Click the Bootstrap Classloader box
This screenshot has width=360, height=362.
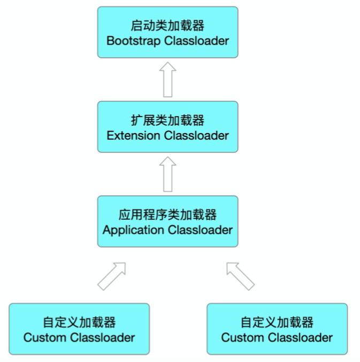tap(167, 32)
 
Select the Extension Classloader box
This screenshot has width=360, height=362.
tap(167, 127)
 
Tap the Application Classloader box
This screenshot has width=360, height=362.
tap(167, 221)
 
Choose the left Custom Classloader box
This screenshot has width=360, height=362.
tap(79, 329)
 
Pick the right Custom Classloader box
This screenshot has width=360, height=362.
tap(277, 329)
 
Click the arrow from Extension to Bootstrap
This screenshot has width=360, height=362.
tap(167, 79)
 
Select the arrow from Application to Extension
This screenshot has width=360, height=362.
tap(167, 174)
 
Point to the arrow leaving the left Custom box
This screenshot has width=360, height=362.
tap(112, 275)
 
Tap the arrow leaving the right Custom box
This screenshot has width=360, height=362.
tap(240, 275)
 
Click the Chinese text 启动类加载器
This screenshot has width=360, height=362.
tap(167, 26)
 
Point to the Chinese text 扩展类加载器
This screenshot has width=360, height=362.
tap(167, 120)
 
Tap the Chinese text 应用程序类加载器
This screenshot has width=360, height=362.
tap(167, 215)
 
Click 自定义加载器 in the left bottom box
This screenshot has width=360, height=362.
tap(79, 322)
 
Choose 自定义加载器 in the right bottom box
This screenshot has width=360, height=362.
tap(277, 322)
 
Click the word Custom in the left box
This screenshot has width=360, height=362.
tap(45, 337)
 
